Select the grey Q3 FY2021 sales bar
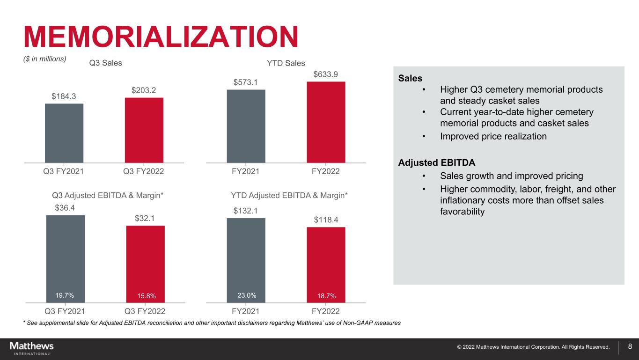[64, 133]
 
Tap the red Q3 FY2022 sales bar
[144, 130]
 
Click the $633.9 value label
[326, 74]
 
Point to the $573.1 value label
[246, 82]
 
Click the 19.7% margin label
[65, 295]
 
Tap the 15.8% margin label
[145, 295]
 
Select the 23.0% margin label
[246, 295]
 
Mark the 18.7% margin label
[326, 295]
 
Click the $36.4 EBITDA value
[65, 207]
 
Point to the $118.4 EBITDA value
[326, 219]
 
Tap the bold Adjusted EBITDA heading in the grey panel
[436, 163]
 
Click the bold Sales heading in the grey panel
[410, 78]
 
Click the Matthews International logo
[32, 348]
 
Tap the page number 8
[630, 347]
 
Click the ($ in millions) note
[45, 59]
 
